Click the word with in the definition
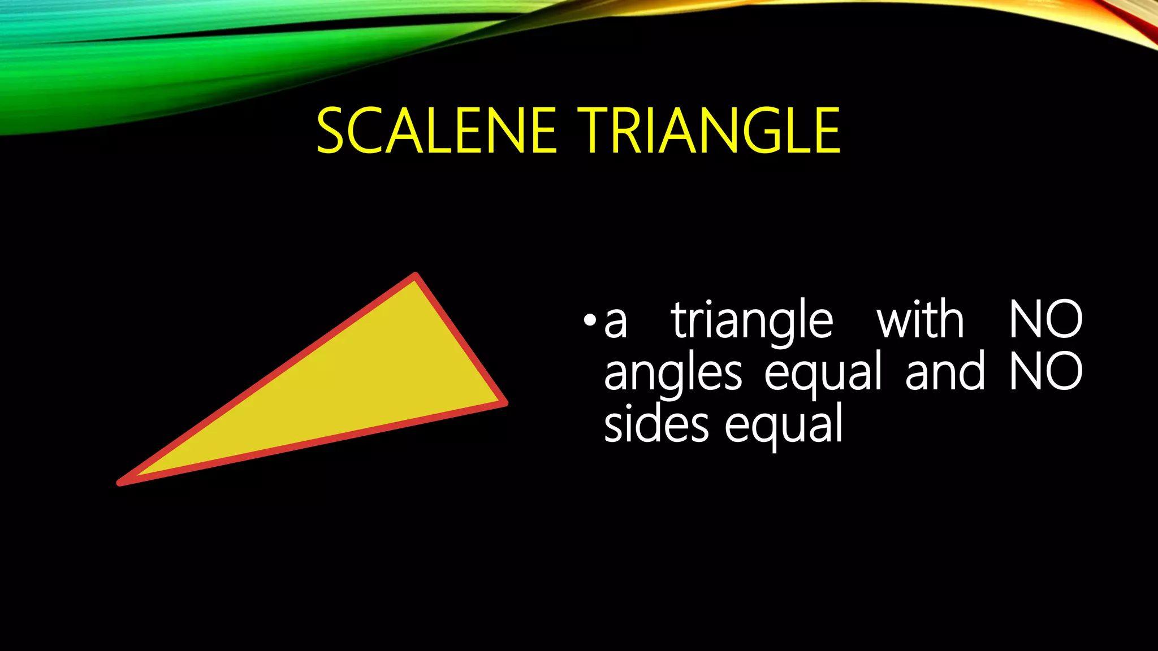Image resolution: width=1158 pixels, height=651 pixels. pyautogui.click(x=920, y=320)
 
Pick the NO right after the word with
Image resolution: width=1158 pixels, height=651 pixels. pyautogui.click(x=1045, y=320)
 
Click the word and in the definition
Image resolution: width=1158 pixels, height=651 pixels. pyautogui.click(x=945, y=372)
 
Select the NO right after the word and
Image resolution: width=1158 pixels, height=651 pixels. pyautogui.click(x=1045, y=372)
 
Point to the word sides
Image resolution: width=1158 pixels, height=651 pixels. pyautogui.click(x=656, y=424)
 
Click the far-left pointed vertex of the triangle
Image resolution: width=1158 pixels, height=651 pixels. pyautogui.click(x=121, y=482)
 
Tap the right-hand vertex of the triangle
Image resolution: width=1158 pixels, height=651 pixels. pyautogui.click(x=504, y=402)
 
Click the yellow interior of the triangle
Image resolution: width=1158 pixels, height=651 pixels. pyautogui.click(x=362, y=384)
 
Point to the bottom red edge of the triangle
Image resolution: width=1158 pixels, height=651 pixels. pyautogui.click(x=311, y=442)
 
